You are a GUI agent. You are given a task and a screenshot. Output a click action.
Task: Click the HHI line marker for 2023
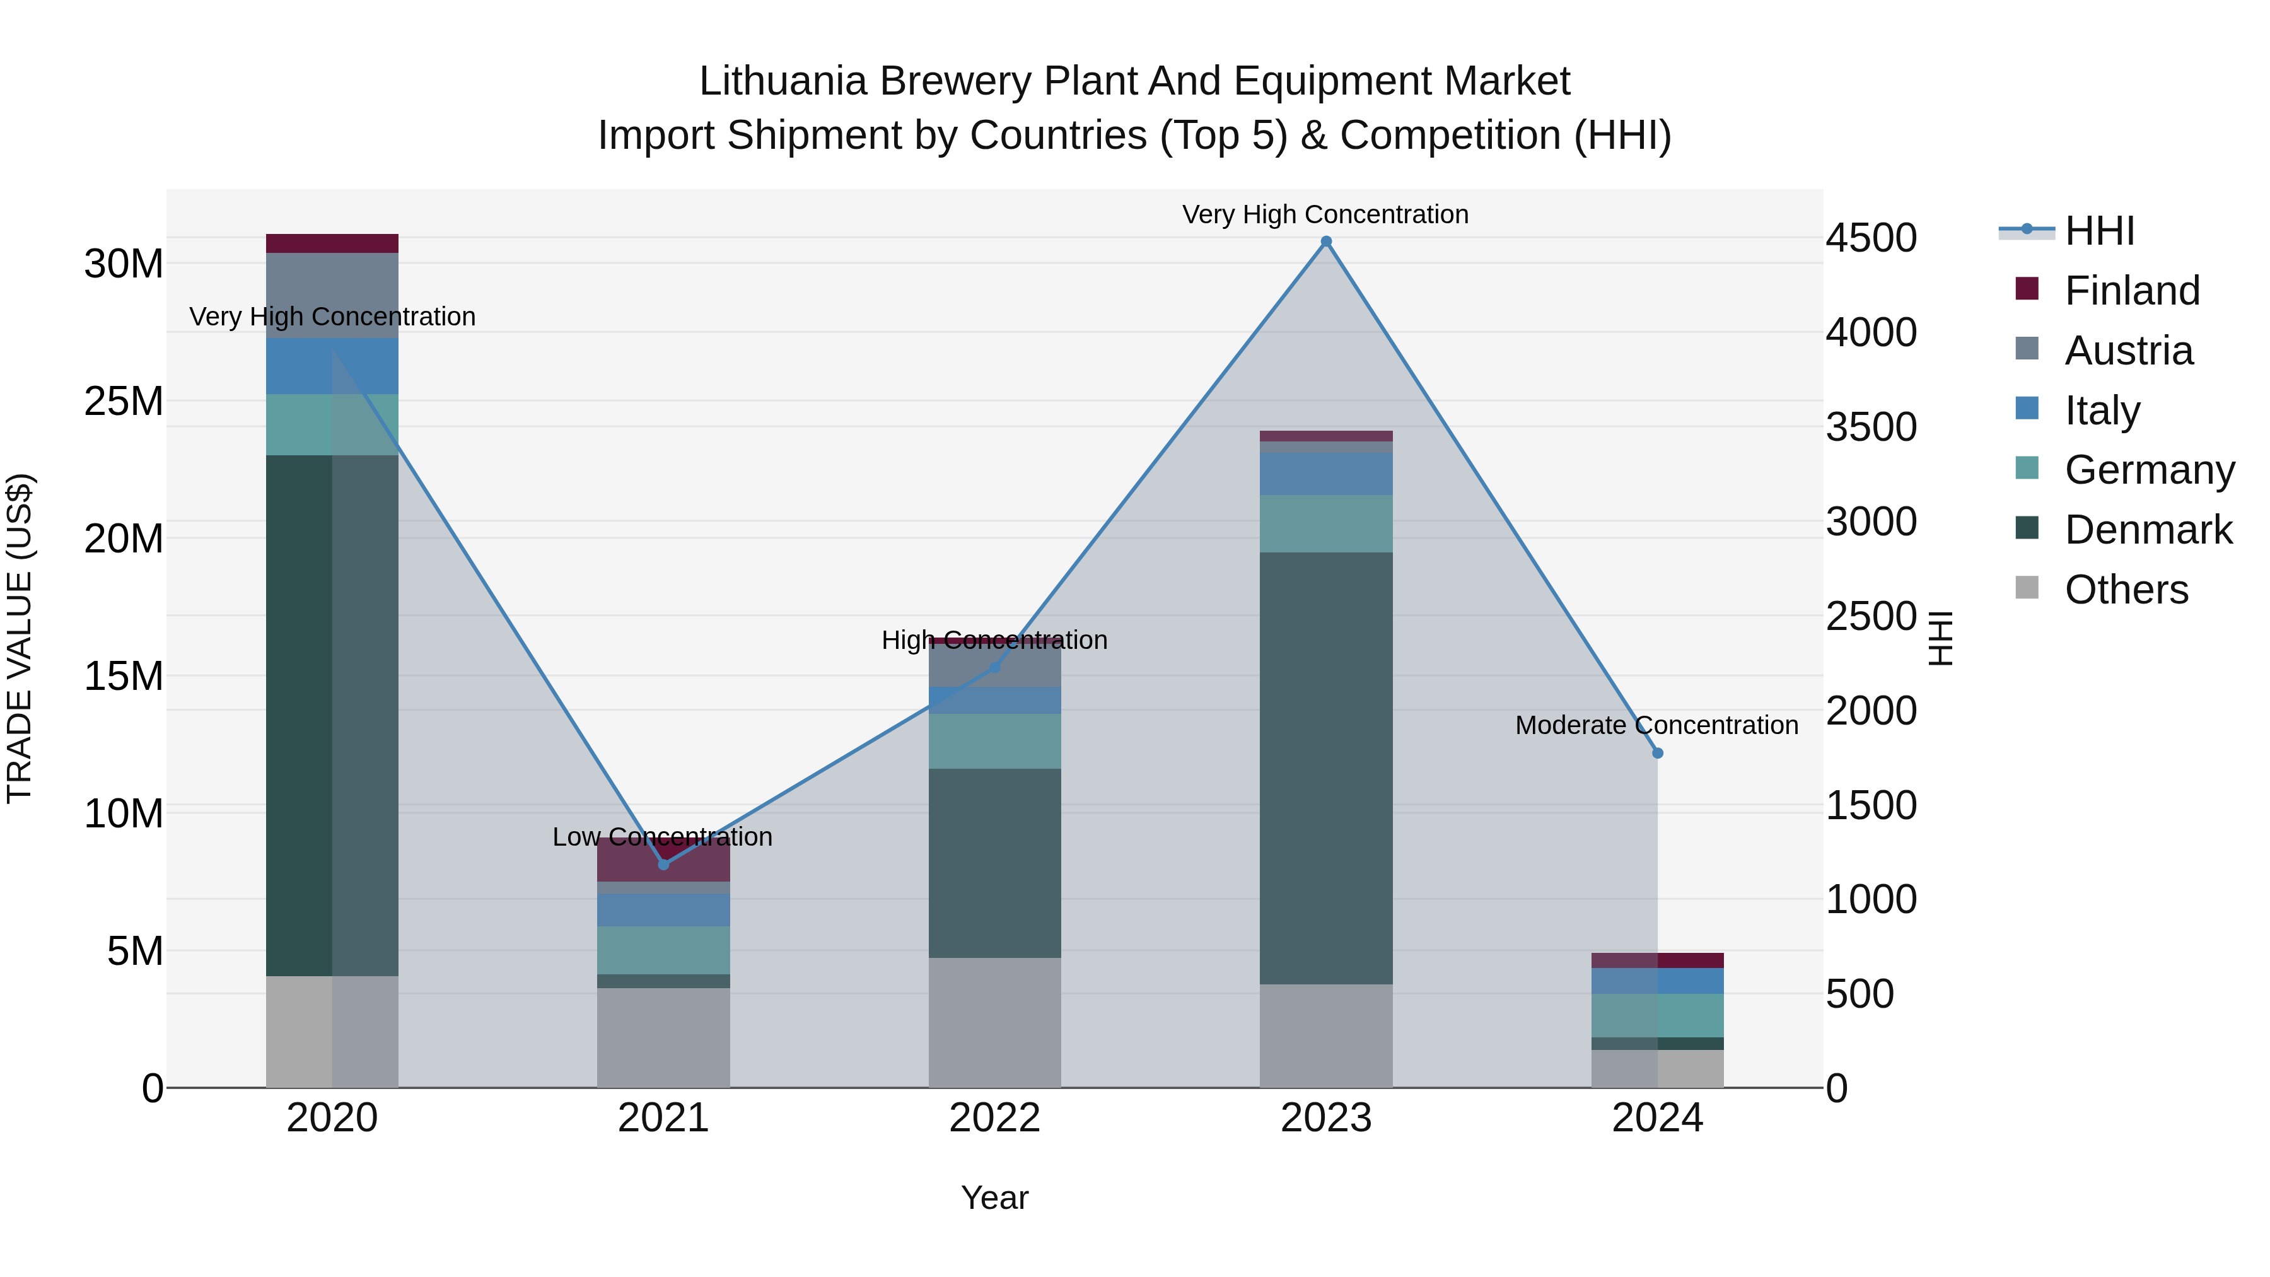point(1325,242)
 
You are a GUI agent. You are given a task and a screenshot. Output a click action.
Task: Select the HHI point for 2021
point(663,865)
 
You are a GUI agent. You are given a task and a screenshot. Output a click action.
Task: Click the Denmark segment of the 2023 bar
point(1325,767)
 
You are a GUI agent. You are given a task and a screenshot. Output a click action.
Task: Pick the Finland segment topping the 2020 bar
point(332,243)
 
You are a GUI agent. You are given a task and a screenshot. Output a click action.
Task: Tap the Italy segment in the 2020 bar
point(332,366)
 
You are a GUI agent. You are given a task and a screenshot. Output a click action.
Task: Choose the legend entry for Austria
point(2127,350)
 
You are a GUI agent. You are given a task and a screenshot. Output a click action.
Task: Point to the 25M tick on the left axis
point(124,401)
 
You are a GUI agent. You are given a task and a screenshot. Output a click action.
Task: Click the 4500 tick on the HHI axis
point(1870,238)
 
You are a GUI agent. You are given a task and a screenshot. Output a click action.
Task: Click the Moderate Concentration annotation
point(1656,725)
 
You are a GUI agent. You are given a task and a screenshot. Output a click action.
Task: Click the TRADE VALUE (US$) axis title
point(20,638)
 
